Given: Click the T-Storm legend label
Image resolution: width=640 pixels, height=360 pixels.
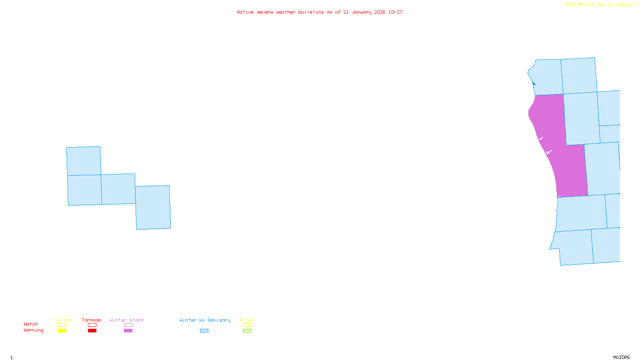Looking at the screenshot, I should (x=62, y=320).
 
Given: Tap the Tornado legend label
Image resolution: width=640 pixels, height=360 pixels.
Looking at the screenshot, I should (x=92, y=320).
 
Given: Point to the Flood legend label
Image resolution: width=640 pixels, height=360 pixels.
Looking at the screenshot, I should (x=247, y=320).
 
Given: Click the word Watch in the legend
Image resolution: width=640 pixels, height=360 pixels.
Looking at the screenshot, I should (x=31, y=324).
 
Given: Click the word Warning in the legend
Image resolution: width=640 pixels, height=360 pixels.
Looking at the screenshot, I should (x=33, y=330).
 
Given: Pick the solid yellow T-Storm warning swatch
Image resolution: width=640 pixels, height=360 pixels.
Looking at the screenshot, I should (x=62, y=331).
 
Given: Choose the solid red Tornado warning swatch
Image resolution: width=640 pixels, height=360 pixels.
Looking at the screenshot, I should (x=92, y=331).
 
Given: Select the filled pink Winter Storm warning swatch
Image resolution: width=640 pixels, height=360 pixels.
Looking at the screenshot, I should (x=128, y=331).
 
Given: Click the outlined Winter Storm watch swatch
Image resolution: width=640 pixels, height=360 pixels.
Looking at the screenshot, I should (x=128, y=325).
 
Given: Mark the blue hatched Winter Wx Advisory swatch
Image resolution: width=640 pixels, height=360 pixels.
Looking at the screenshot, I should (x=204, y=331).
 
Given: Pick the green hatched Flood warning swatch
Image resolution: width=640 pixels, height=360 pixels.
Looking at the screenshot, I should (x=247, y=331).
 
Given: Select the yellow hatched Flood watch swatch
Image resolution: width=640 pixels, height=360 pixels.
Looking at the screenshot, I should (x=247, y=325).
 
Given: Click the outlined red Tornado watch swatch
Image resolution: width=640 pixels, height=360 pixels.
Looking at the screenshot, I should (x=92, y=325).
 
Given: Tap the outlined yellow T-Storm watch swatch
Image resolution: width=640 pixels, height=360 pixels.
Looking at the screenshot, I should (x=62, y=325).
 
